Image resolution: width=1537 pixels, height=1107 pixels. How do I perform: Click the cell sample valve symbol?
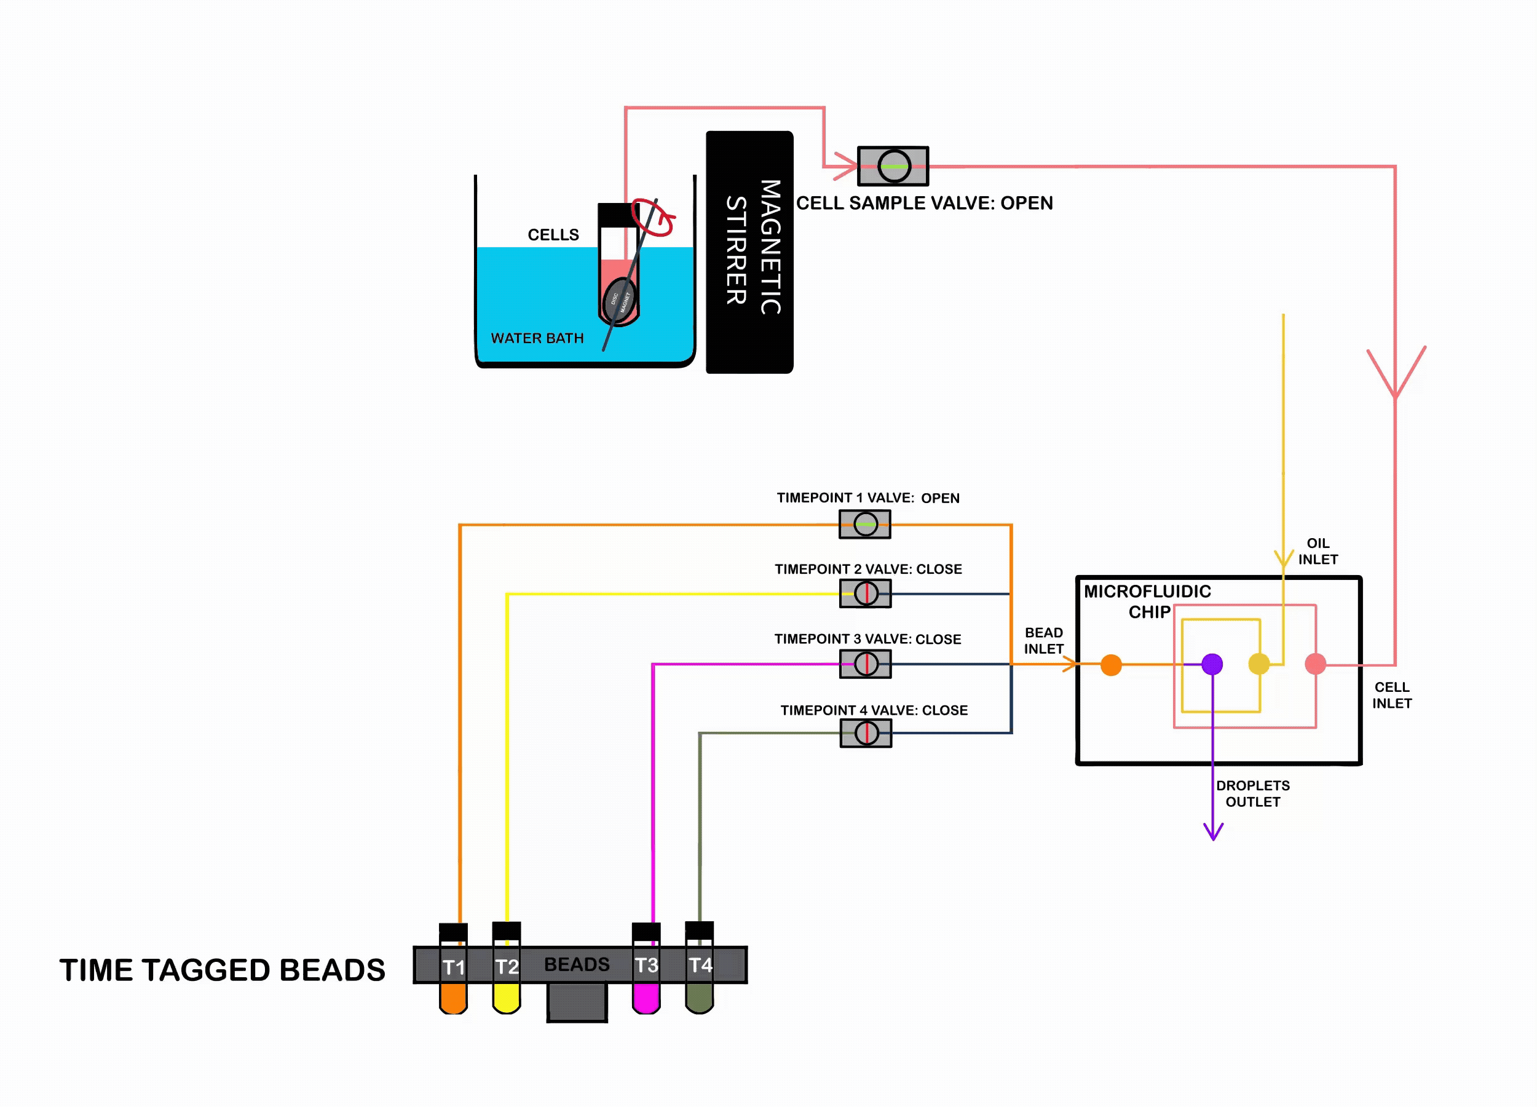coord(893,166)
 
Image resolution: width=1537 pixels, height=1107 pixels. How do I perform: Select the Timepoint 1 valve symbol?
coord(865,524)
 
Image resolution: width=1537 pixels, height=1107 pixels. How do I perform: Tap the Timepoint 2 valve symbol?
coord(866,594)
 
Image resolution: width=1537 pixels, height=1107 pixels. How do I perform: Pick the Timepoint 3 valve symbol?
coord(866,664)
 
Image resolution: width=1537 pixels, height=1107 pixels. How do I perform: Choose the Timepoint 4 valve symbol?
coord(866,733)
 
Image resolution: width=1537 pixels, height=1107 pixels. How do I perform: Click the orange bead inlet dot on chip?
coord(1111,665)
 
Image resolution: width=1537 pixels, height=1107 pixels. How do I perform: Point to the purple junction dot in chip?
coord(1212,664)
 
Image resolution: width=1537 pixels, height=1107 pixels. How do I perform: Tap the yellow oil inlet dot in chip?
coord(1258,664)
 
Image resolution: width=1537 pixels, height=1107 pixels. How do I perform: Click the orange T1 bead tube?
coord(453,996)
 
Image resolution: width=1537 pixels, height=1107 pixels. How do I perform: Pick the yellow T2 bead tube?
coord(506,996)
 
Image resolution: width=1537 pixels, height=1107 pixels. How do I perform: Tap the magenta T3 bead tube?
coord(646,996)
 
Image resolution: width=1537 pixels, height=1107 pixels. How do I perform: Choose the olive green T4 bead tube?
coord(700,996)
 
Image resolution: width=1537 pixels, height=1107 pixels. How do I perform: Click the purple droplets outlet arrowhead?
coord(1213,833)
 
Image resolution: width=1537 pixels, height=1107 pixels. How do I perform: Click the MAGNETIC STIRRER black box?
coord(749,252)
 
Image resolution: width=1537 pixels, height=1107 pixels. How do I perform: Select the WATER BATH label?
coord(537,338)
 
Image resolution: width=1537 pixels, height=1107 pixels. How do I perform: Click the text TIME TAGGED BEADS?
coord(223,970)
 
